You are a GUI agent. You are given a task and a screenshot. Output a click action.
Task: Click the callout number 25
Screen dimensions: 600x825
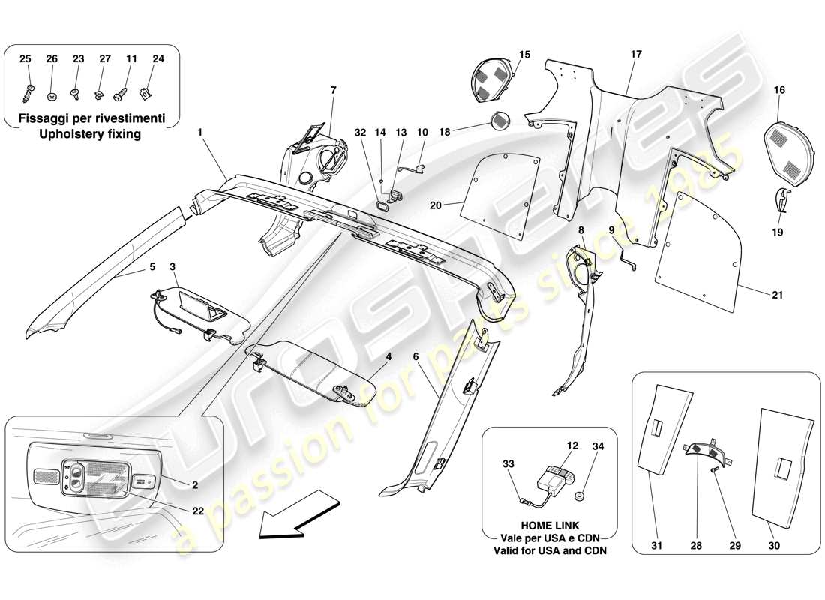[25, 58]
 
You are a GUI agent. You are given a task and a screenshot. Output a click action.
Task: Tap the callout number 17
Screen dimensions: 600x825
[636, 54]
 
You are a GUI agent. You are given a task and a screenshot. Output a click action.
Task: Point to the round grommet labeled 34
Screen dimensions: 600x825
[578, 497]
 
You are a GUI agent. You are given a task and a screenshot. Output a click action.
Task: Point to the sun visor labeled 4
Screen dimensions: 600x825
[315, 367]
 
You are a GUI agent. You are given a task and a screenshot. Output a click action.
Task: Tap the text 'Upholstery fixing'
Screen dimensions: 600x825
[93, 133]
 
